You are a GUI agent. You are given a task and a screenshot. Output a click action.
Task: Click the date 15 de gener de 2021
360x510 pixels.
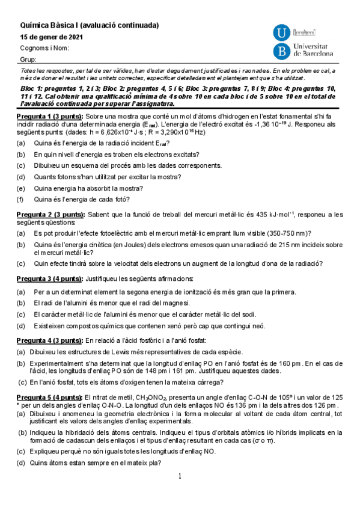tap(52, 37)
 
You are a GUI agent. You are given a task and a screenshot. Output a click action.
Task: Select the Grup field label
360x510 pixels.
tap(29, 60)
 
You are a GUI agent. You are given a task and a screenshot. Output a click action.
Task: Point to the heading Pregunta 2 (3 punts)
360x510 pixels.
tap(50, 214)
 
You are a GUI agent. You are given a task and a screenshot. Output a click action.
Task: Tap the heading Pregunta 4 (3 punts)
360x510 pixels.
tap(50, 341)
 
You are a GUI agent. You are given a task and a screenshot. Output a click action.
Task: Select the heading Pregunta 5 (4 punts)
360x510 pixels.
tap(50, 398)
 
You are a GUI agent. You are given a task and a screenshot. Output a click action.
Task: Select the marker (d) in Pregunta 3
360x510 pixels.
tap(22, 326)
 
